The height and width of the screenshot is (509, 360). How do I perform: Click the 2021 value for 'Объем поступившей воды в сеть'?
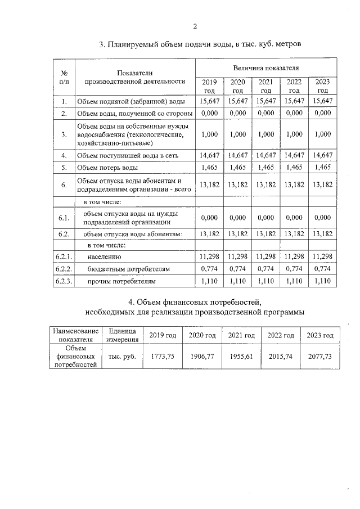coord(266,155)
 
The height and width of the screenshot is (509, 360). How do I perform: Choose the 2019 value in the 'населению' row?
coord(209,256)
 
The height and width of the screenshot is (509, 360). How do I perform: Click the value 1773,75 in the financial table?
coord(163,357)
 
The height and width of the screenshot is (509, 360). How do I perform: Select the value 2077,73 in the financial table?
coord(319,357)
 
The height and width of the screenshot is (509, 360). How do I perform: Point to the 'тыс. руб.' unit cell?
coord(121,357)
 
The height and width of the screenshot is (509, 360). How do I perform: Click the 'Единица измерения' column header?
coord(121,335)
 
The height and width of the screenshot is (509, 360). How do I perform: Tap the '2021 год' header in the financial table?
coord(241,335)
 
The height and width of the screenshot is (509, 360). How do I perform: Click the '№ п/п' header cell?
coord(64,77)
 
